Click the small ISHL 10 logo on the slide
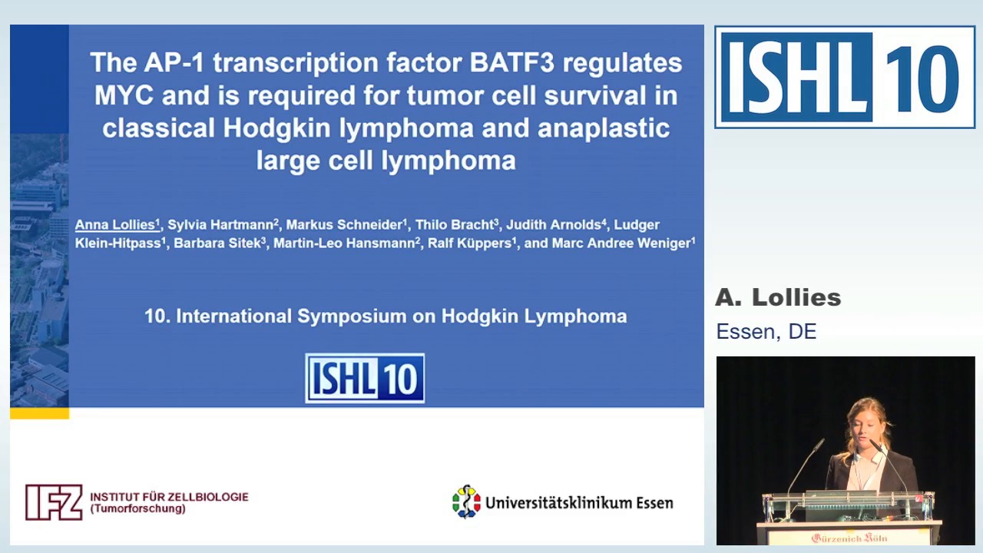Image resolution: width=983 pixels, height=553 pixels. (x=365, y=378)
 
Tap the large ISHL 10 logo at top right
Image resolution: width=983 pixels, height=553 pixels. (x=845, y=78)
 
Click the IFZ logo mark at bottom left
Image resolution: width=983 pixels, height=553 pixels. (x=54, y=502)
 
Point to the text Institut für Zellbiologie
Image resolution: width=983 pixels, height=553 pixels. (x=169, y=497)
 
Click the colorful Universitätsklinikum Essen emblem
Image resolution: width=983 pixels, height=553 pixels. (x=466, y=502)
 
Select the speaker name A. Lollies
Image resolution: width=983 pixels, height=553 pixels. (x=778, y=298)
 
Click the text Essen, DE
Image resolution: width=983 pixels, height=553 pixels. (x=766, y=332)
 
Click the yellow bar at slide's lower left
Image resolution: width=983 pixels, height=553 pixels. (x=39, y=413)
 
